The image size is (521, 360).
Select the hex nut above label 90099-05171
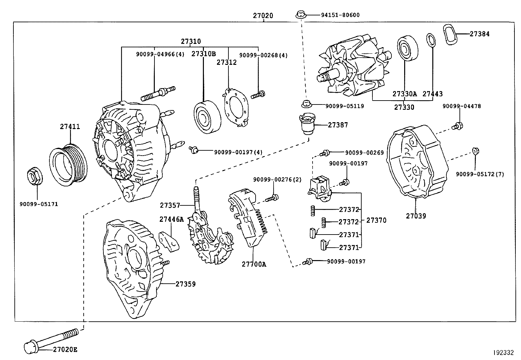point(34,177)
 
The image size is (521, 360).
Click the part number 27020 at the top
point(263,15)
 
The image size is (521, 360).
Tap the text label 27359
point(185,284)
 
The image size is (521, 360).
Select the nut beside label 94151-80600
point(300,15)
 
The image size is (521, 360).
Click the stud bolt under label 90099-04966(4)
point(158,93)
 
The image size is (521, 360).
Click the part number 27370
point(376,220)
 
